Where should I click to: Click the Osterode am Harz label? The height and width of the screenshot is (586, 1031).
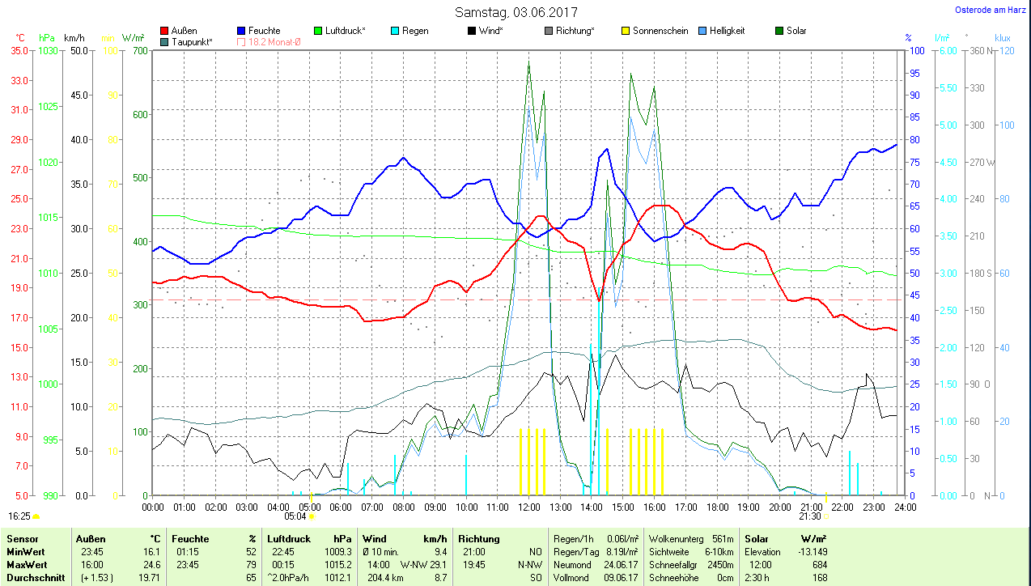tap(991, 10)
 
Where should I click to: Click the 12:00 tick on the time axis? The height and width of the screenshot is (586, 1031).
tap(529, 507)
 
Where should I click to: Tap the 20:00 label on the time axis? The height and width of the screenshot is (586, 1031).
tap(780, 507)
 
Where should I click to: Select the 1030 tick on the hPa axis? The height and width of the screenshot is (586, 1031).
tap(49, 50)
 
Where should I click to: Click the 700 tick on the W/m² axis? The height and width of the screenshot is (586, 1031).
tap(140, 50)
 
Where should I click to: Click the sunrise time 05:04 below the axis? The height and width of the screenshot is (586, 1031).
tap(295, 516)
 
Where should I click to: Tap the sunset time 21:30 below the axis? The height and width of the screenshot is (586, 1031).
tap(809, 516)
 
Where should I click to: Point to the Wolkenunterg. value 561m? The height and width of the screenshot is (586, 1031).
tap(722, 539)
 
